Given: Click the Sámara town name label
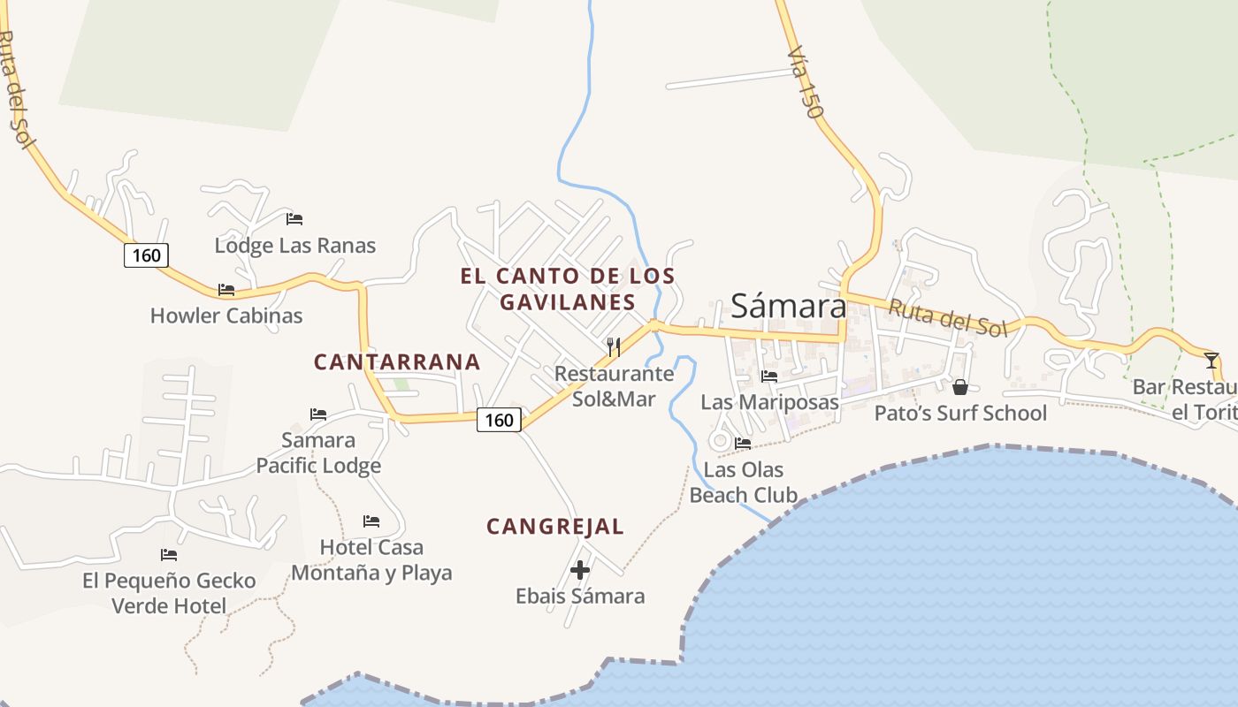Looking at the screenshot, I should [x=788, y=306].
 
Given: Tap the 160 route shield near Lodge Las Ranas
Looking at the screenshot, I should [x=146, y=255].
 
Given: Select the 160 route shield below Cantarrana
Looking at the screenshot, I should [x=499, y=420].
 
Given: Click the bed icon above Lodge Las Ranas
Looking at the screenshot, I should [x=294, y=218].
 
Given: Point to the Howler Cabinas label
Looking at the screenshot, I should [x=226, y=315].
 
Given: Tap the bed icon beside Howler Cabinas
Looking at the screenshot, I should [x=226, y=290].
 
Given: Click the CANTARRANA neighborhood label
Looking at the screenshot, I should [x=397, y=361].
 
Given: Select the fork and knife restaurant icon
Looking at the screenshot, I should [x=613, y=346].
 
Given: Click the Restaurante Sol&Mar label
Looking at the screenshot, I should [x=614, y=386].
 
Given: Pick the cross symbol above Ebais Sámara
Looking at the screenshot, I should [x=580, y=570].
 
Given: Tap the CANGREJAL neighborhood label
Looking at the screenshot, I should [x=555, y=527].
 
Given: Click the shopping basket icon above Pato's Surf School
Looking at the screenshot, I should [x=960, y=387].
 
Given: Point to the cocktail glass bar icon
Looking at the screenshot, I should [x=1211, y=360].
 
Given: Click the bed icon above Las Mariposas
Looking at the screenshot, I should [x=769, y=376].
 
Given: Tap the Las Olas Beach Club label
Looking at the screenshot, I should [x=744, y=483].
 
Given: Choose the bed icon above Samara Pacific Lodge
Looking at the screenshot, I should [x=318, y=414].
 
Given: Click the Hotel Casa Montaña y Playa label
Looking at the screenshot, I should [x=371, y=560].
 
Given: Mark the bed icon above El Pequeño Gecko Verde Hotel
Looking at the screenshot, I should [x=169, y=555].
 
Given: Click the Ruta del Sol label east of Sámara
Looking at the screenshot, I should [x=947, y=318].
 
